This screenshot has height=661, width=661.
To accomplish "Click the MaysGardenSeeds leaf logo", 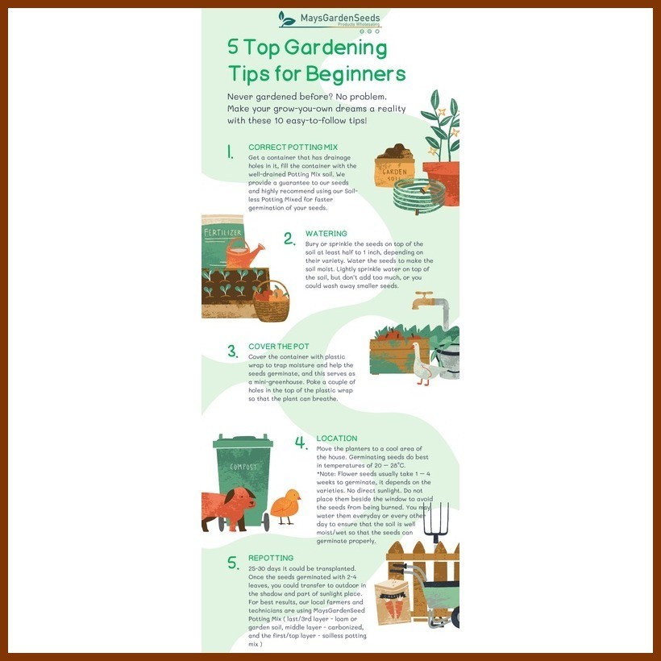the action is (x=287, y=19).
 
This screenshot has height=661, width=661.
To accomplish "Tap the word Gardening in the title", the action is (x=335, y=48).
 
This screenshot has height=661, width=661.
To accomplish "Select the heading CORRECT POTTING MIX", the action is (x=293, y=148).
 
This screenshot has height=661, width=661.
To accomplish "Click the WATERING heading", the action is (x=326, y=234).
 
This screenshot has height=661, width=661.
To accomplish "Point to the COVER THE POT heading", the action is (x=279, y=347).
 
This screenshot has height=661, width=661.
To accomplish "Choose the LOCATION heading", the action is (x=337, y=439).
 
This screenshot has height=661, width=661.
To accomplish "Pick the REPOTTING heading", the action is (x=271, y=558).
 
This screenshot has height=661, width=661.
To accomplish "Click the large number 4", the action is (x=301, y=443).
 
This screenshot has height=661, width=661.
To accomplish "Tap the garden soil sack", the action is (x=394, y=166).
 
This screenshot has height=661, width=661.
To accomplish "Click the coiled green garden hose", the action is (x=418, y=196).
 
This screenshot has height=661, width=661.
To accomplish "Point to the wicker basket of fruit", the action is (x=272, y=301).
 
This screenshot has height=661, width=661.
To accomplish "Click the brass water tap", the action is (x=424, y=299).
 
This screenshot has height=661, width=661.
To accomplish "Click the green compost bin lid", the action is (x=243, y=441).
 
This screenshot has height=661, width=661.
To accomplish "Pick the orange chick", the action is (x=285, y=505).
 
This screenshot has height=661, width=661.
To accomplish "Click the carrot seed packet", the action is (x=393, y=601).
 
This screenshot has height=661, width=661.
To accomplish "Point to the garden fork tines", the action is (x=435, y=518).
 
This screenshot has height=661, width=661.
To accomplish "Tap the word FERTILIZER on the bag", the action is (x=222, y=233).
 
